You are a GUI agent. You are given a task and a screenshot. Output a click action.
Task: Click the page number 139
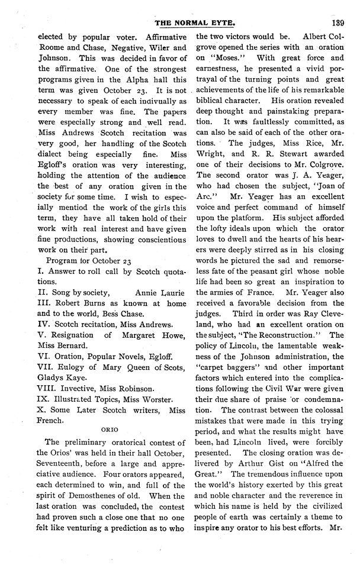pos(338,23)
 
